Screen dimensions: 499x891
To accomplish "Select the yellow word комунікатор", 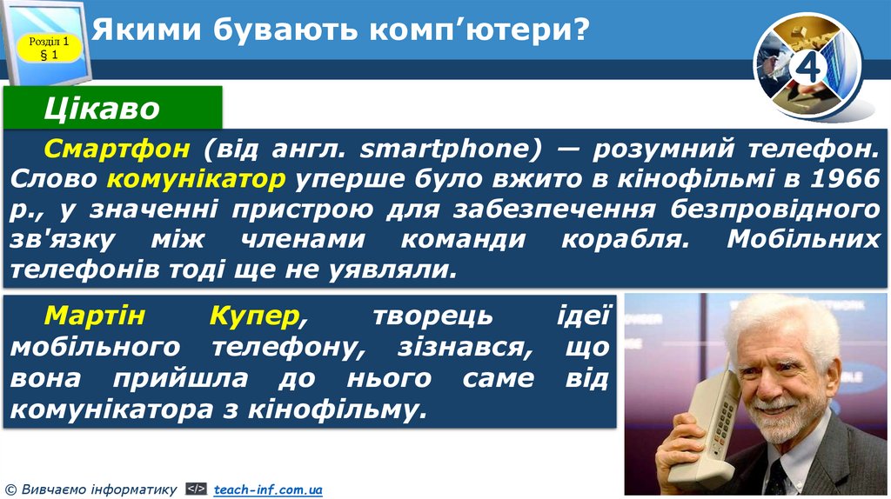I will pyautogui.click(x=198, y=179).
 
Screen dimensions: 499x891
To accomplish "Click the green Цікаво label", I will pyautogui.click(x=103, y=109).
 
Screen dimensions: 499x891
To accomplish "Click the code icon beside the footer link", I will pyautogui.click(x=197, y=490).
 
